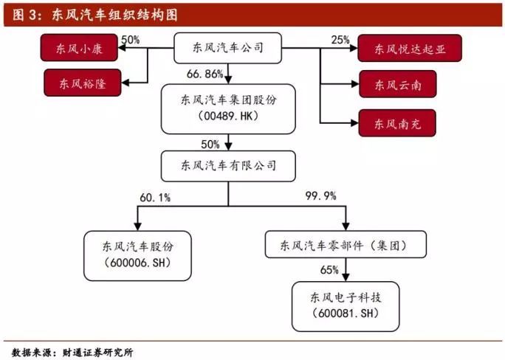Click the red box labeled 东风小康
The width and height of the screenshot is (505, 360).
pyautogui.click(x=79, y=48)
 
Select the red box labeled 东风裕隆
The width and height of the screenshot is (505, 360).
pyautogui.click(x=83, y=83)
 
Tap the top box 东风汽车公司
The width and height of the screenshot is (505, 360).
pyautogui.click(x=227, y=48)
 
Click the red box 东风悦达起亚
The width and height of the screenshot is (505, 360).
pyautogui.click(x=410, y=48)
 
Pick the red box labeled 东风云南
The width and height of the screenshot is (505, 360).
pyautogui.click(x=398, y=84)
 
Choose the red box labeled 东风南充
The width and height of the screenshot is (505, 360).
pyautogui.click(x=397, y=123)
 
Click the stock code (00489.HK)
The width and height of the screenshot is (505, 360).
pyautogui.click(x=228, y=116)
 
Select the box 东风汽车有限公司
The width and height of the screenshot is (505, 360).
pyautogui.click(x=228, y=166)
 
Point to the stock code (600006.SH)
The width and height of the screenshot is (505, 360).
pyautogui.click(x=137, y=263)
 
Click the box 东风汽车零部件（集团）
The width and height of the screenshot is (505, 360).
pyautogui.click(x=346, y=244)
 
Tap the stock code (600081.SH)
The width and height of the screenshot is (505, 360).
pyautogui.click(x=346, y=313)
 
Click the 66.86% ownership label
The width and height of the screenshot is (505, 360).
pyautogui.click(x=205, y=75)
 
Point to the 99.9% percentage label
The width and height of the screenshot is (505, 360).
pyautogui.click(x=320, y=196)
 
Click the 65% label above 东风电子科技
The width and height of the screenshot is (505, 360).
pyautogui.click(x=329, y=269)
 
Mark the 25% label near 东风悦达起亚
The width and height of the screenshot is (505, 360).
pyautogui.click(x=340, y=40)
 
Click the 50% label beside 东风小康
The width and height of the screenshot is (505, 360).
pyautogui.click(x=131, y=40)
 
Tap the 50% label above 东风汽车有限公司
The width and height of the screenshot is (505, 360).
pyautogui.click(x=210, y=145)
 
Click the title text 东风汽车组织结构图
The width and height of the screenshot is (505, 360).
pyautogui.click(x=114, y=15)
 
